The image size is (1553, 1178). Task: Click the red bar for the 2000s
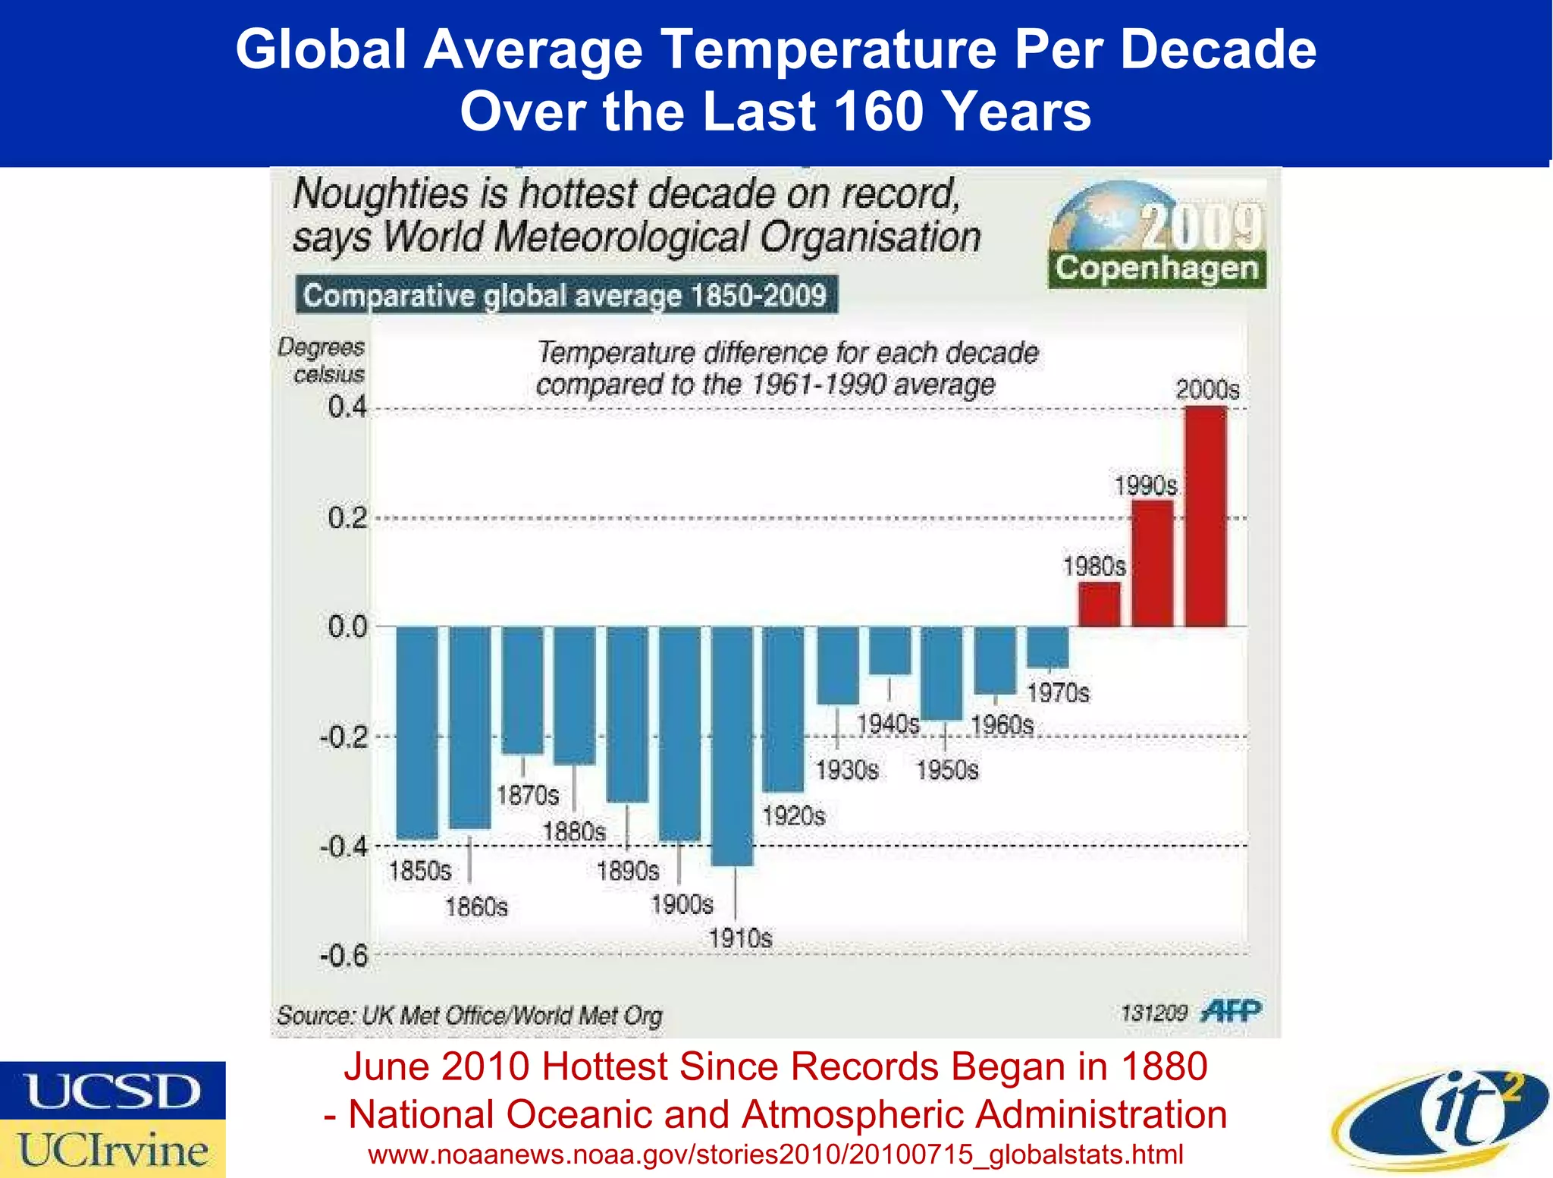(1206, 516)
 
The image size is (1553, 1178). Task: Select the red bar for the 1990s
(1153, 563)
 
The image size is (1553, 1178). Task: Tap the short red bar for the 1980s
(1099, 605)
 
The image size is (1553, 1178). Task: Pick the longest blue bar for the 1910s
(733, 746)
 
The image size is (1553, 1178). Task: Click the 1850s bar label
(420, 871)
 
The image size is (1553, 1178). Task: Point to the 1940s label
(888, 724)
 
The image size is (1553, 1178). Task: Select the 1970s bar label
(1058, 693)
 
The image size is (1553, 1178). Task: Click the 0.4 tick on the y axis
(347, 407)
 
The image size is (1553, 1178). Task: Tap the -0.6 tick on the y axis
(344, 956)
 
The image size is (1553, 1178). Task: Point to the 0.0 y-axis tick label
(347, 627)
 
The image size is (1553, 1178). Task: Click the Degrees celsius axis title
(322, 360)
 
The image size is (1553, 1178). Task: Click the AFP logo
(1231, 1011)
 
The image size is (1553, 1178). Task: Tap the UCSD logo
(112, 1090)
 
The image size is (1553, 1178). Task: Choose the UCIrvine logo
(112, 1149)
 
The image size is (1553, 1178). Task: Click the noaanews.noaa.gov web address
(775, 1154)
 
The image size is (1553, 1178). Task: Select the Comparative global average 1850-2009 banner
(566, 294)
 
